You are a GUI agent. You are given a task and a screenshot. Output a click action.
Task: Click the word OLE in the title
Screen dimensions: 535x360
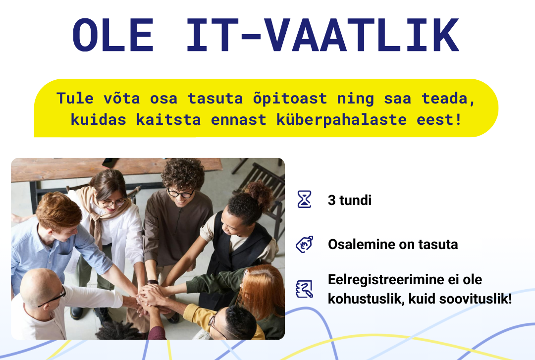113,35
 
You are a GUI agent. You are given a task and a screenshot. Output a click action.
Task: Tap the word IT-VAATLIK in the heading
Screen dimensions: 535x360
322,35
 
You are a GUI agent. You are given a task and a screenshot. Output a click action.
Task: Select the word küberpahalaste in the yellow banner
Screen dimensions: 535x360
341,120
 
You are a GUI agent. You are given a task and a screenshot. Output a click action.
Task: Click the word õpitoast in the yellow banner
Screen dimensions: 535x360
290,99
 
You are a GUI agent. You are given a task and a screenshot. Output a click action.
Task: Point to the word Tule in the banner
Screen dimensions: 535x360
75,98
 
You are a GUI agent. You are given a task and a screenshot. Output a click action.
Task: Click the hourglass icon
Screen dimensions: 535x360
304,199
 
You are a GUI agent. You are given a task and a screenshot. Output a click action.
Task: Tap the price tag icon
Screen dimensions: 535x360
304,244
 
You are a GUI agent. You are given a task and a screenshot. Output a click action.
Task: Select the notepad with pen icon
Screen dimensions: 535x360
304,289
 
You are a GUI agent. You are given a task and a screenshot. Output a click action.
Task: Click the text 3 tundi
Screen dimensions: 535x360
350,201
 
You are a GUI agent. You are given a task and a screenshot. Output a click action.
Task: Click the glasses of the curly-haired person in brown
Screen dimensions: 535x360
181,194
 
